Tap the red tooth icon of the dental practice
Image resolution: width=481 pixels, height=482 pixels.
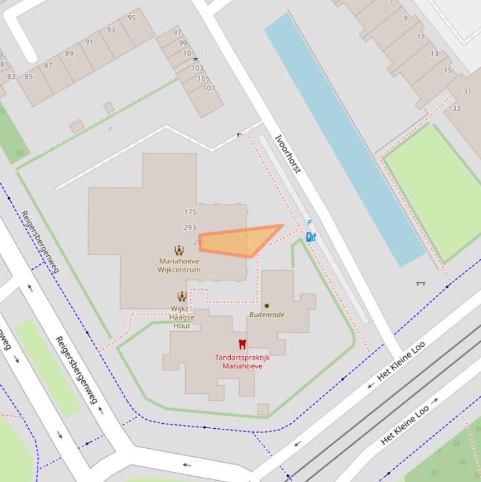tap(242, 344)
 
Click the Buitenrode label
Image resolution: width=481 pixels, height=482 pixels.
tap(267, 315)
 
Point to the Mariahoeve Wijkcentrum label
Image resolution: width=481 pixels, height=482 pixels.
tap(179, 265)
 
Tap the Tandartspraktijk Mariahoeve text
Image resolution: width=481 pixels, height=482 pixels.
tap(242, 362)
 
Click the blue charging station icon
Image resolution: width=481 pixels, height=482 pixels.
tap(311, 237)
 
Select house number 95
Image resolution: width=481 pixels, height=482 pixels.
tap(132, 18)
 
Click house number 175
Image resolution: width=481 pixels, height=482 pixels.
tap(190, 213)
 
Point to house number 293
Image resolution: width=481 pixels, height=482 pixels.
tap(190, 228)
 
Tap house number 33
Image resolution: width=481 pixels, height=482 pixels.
tap(456, 108)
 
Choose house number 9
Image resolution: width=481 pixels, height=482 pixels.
tap(405, 18)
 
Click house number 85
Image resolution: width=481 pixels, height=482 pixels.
tap(29, 77)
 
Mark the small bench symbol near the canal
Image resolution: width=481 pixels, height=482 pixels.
tap(420, 284)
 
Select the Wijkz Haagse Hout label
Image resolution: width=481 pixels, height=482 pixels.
tap(181, 317)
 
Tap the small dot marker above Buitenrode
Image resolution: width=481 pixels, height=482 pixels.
tap(266, 306)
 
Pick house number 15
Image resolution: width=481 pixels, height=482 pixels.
tap(448, 70)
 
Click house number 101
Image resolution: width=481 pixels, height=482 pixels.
tap(188, 53)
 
